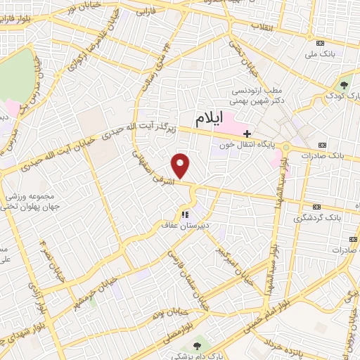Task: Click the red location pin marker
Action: pyautogui.click(x=181, y=166)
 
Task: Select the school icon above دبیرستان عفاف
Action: pyautogui.click(x=184, y=215)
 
